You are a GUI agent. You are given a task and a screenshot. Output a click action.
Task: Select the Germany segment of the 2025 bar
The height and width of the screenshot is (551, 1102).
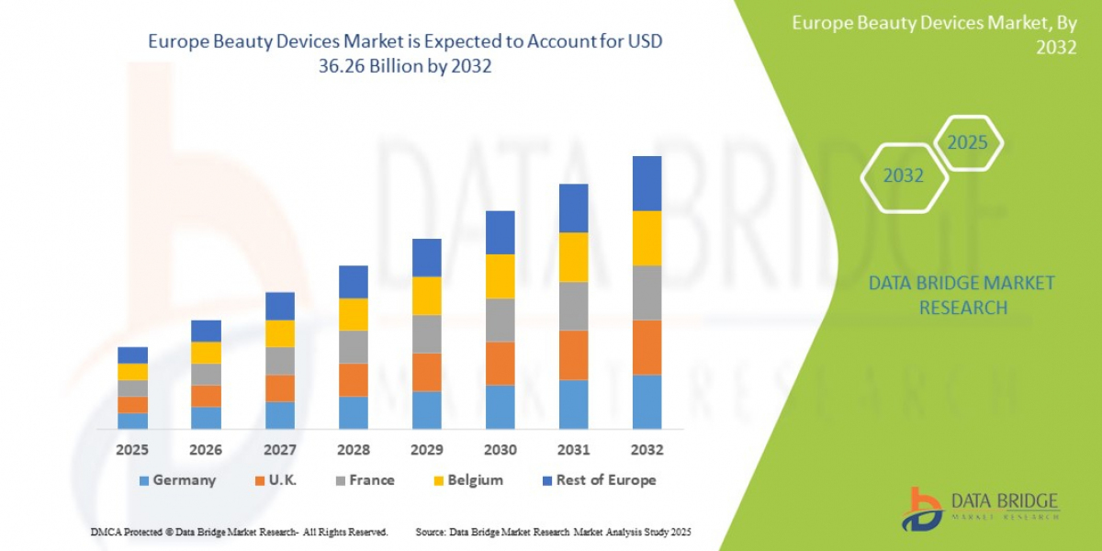click(133, 421)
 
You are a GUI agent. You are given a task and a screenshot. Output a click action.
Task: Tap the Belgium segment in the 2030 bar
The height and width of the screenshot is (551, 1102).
click(500, 275)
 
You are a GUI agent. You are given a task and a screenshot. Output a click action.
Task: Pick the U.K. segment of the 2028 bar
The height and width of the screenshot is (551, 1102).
click(354, 379)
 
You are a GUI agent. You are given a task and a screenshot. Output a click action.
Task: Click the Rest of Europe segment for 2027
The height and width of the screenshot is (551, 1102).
click(280, 306)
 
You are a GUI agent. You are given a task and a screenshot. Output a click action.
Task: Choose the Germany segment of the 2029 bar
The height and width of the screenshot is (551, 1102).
click(427, 410)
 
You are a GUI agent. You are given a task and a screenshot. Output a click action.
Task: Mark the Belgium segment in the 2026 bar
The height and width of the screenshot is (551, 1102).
click(207, 353)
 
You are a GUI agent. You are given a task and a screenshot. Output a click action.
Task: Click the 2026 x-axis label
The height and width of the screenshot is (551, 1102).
click(207, 450)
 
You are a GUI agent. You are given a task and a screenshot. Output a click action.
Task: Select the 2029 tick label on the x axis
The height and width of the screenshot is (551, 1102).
click(427, 450)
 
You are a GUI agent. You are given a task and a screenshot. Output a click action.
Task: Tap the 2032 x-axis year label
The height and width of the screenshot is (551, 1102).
click(647, 450)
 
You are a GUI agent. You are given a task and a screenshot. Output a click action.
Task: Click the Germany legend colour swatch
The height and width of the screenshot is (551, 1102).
click(142, 480)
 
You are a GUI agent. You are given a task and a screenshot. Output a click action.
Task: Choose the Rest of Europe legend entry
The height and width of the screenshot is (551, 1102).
click(598, 479)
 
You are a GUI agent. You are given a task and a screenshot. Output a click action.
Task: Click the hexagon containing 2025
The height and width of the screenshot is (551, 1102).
click(967, 143)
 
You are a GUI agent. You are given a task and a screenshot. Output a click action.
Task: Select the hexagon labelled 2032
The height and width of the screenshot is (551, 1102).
click(903, 175)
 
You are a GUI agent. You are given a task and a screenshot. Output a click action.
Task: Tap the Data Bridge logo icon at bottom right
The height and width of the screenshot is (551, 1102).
click(921, 509)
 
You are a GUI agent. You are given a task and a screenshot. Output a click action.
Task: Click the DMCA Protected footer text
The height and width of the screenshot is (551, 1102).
click(239, 532)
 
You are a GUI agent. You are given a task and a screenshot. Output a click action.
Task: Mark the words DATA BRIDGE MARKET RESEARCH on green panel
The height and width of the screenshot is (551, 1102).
click(961, 295)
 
